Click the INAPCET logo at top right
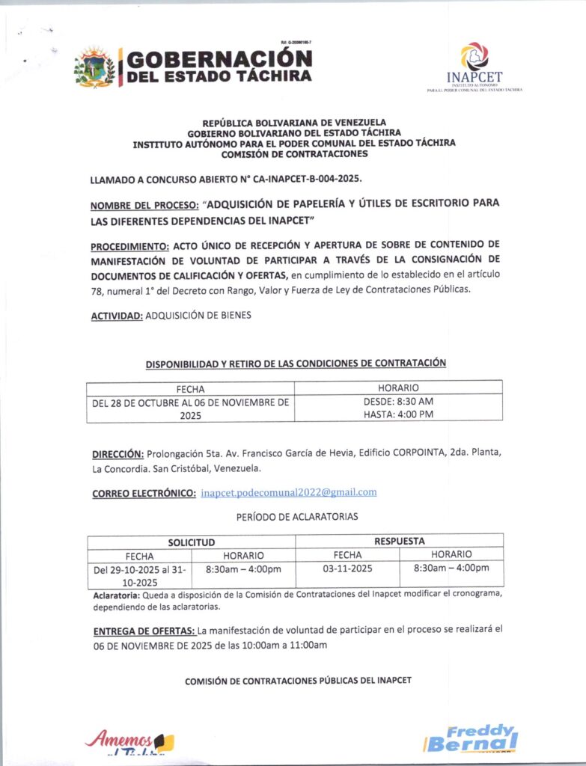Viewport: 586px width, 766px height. (474, 67)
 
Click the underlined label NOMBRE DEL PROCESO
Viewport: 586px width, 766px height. (144, 204)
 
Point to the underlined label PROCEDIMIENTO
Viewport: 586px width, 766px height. (130, 245)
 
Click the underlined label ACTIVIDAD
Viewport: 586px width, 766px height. (117, 316)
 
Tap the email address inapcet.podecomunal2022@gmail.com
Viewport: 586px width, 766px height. (289, 492)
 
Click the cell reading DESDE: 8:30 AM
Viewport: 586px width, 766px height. (398, 402)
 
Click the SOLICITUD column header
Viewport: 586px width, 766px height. (191, 542)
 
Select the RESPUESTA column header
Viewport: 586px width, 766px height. (399, 541)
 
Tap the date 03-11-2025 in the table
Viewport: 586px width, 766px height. (347, 569)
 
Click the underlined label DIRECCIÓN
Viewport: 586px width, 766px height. (117, 454)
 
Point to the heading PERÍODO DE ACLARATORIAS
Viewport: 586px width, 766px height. (297, 517)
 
